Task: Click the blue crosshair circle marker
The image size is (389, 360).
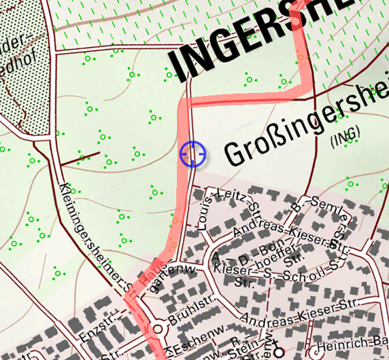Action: pos(193,154)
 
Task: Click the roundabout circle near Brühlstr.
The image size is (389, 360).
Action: pos(158,329)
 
